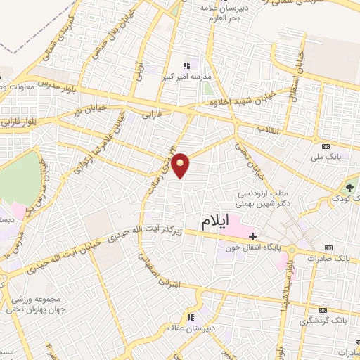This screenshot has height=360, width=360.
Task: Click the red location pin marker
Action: click(181, 165)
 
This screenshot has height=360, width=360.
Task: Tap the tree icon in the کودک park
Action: click(349, 187)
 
